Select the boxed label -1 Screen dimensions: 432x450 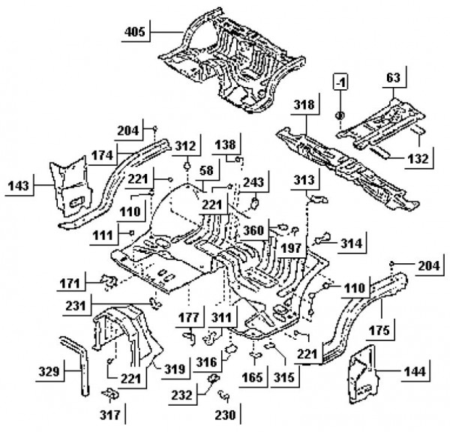(341, 81)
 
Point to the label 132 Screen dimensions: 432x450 (418, 158)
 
